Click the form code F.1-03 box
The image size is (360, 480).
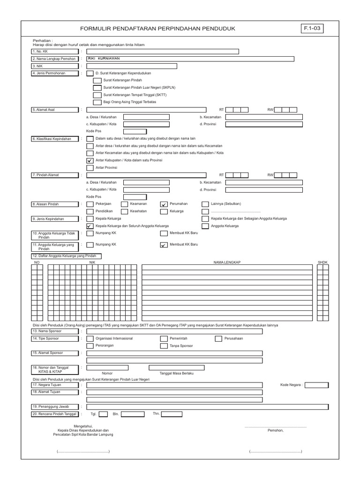click(x=313, y=29)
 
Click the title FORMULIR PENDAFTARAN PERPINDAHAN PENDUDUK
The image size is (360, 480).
click(x=157, y=29)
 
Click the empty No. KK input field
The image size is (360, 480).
click(x=162, y=52)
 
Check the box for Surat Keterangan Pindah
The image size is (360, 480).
click(x=97, y=81)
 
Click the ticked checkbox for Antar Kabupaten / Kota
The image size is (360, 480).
click(x=90, y=160)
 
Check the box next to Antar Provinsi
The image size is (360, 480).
click(x=90, y=167)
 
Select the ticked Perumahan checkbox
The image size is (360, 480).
click(x=164, y=204)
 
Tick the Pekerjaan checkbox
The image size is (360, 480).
click(x=90, y=204)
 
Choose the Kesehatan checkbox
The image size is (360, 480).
click(x=125, y=211)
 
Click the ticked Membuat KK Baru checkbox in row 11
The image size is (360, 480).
click(x=164, y=245)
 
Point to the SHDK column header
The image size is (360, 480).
click(x=322, y=262)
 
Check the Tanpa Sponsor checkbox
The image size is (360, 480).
click(x=164, y=345)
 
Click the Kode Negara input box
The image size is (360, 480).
click(x=316, y=385)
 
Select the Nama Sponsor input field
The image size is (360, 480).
click(x=174, y=331)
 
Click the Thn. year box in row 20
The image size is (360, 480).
click(x=172, y=414)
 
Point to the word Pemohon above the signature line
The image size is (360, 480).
click(x=275, y=430)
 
